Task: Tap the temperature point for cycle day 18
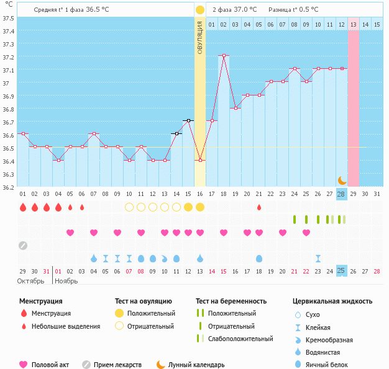click(x=224, y=56)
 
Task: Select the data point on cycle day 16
click(x=200, y=160)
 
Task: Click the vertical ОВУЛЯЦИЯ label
click(x=200, y=37)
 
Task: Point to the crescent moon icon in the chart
click(x=342, y=180)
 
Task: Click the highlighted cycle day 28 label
click(x=341, y=194)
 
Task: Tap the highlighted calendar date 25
click(x=341, y=270)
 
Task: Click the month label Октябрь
click(x=31, y=281)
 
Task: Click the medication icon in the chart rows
click(x=22, y=245)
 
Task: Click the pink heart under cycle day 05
click(x=70, y=233)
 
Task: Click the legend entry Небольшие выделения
click(x=65, y=326)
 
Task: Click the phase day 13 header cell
click(x=353, y=24)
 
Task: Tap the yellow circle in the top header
click(x=199, y=10)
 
